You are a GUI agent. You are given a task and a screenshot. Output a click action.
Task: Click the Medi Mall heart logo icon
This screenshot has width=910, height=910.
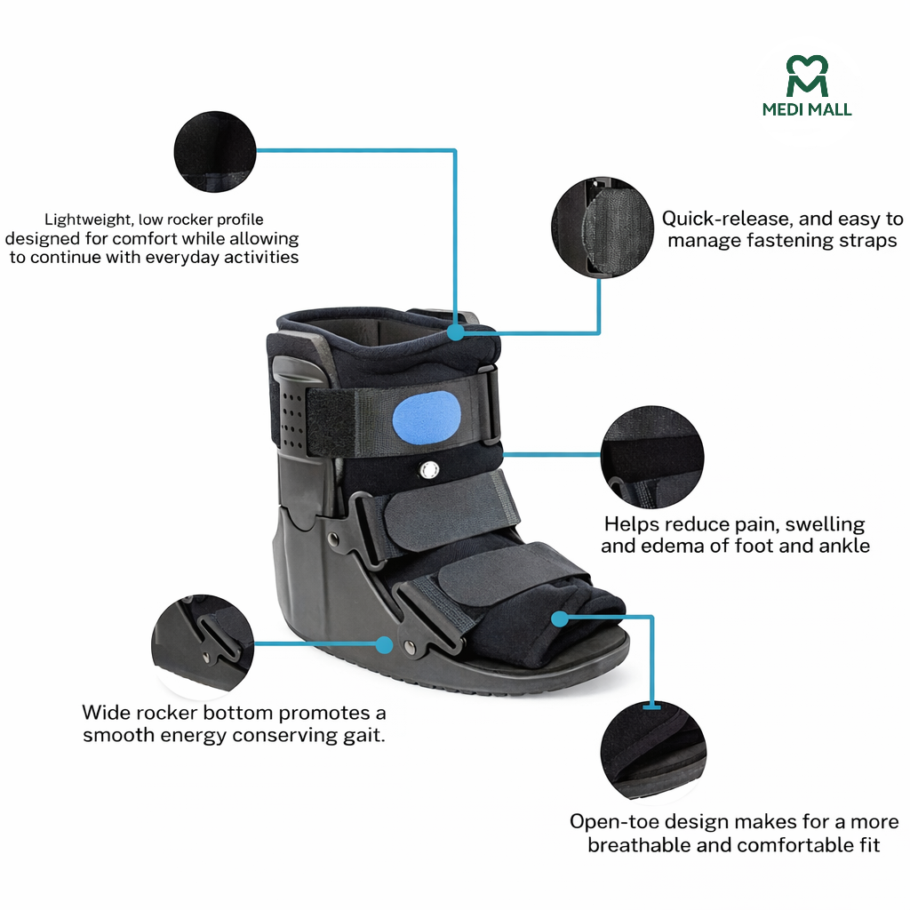click(807, 76)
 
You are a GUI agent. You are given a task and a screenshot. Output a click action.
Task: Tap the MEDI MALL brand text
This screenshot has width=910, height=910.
click(807, 109)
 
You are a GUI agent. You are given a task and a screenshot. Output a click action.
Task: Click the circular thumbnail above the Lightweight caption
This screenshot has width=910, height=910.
click(213, 151)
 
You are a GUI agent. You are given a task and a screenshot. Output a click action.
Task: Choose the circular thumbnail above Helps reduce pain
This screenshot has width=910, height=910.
click(651, 458)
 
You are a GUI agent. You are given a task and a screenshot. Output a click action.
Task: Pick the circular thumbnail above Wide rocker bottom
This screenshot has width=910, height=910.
click(204, 646)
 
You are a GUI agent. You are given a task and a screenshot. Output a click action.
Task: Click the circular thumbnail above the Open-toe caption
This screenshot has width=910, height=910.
click(653, 748)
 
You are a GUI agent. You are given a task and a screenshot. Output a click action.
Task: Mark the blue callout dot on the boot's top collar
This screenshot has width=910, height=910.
click(456, 332)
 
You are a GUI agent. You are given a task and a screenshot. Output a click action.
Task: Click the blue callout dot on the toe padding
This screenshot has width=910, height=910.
click(560, 616)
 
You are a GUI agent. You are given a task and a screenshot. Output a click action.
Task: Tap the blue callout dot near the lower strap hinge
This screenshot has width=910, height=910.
click(384, 643)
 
